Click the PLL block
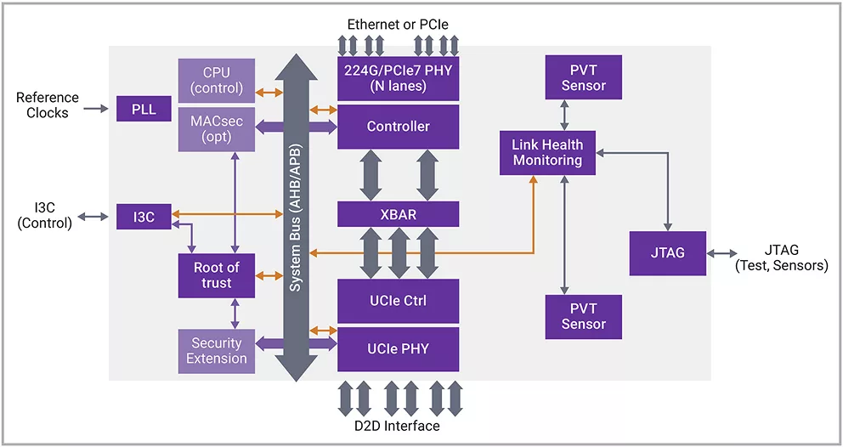(x=144, y=109)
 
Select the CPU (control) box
(x=217, y=81)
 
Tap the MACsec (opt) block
(x=217, y=129)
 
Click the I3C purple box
(x=144, y=217)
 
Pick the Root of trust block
(x=217, y=275)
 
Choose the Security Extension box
(x=217, y=350)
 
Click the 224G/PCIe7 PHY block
(x=398, y=78)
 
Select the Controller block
(x=398, y=127)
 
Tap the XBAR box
(x=398, y=214)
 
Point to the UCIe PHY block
(x=398, y=348)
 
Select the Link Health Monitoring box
(x=547, y=153)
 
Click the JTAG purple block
(x=667, y=252)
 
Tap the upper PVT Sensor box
(x=583, y=78)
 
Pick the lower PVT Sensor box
(x=583, y=316)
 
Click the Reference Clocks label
(x=48, y=105)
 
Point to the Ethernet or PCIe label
(x=398, y=24)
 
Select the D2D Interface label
(x=398, y=426)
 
